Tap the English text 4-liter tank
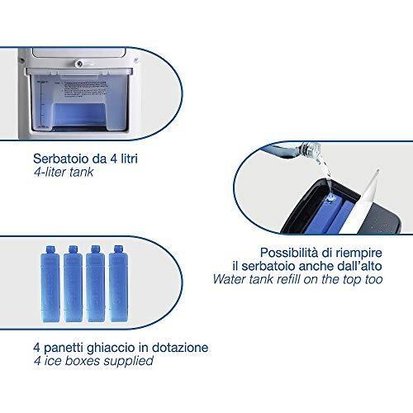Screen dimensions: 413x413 [64, 173]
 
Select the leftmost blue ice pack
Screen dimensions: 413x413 [50, 283]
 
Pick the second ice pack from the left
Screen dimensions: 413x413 [73, 283]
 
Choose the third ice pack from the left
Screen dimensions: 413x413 [96, 283]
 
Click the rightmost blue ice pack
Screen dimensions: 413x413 [118, 283]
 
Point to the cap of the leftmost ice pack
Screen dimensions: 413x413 [50, 249]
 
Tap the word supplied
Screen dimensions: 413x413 [128, 361]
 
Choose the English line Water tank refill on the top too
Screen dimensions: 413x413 [298, 279]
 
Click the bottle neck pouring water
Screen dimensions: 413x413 [312, 150]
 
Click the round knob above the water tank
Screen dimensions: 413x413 [79, 64]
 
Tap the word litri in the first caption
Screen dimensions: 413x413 [130, 159]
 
